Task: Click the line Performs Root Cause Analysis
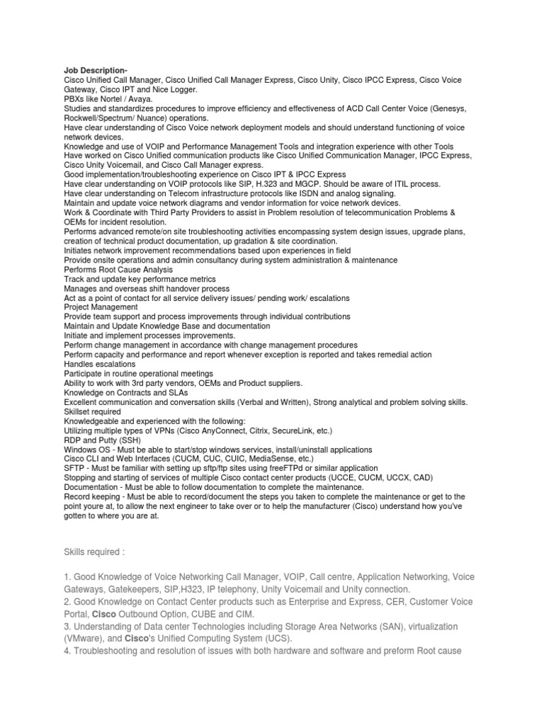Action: pos(118,270)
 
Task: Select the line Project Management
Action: pos(101,307)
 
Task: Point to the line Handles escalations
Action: pos(99,364)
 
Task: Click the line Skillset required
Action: pos(92,411)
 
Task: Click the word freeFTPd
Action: pos(270,468)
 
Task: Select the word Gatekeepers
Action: pos(144,589)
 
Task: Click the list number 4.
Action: pos(67,650)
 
